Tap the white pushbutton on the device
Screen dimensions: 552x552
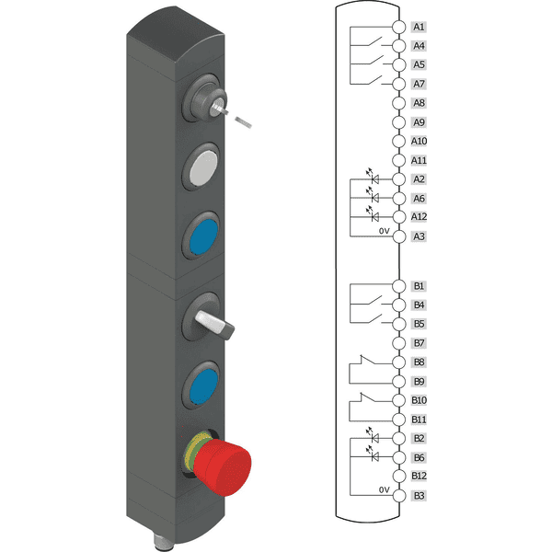(203, 167)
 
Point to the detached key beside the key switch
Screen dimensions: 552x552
(243, 121)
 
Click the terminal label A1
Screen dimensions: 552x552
(419, 27)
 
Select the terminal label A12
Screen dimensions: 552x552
(419, 216)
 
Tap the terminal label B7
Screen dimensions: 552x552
(419, 343)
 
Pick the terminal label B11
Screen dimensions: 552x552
(419, 420)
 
